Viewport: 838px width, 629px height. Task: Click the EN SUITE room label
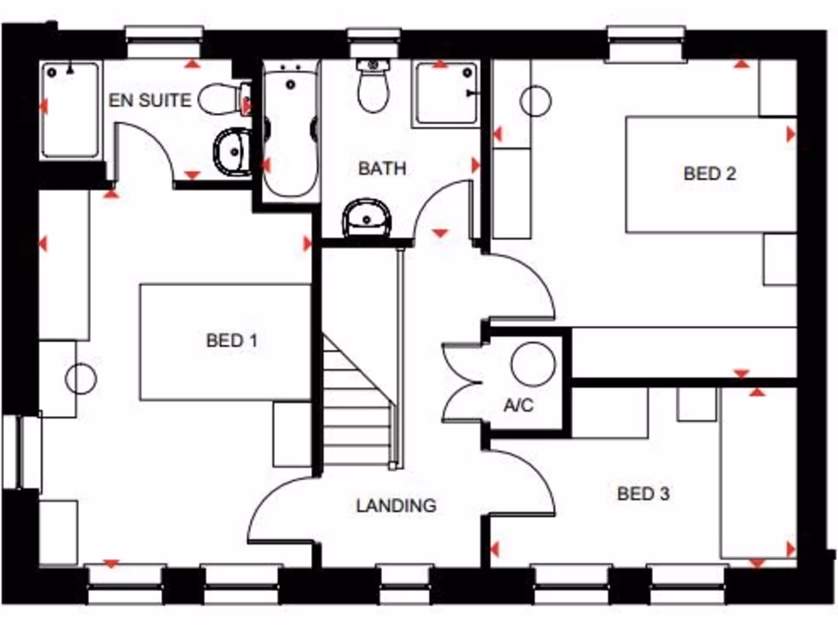tap(150, 101)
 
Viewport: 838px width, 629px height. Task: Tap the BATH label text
tap(382, 169)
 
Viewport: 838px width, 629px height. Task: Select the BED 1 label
tap(232, 341)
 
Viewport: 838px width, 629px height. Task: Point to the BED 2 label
tap(710, 174)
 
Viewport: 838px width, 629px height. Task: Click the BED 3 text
tap(643, 494)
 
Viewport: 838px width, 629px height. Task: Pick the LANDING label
tap(396, 506)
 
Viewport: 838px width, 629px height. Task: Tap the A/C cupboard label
tap(519, 405)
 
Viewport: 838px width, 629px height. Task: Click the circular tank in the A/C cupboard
tap(533, 364)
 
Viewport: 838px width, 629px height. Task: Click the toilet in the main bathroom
tap(373, 87)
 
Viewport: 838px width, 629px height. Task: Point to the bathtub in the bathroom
tap(290, 131)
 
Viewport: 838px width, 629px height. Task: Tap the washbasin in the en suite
tap(233, 152)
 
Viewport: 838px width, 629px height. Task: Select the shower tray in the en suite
tap(70, 110)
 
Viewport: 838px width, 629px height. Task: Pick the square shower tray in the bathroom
tap(447, 93)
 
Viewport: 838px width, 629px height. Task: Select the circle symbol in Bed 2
tap(535, 101)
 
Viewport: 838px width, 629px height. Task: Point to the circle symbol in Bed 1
tap(81, 378)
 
